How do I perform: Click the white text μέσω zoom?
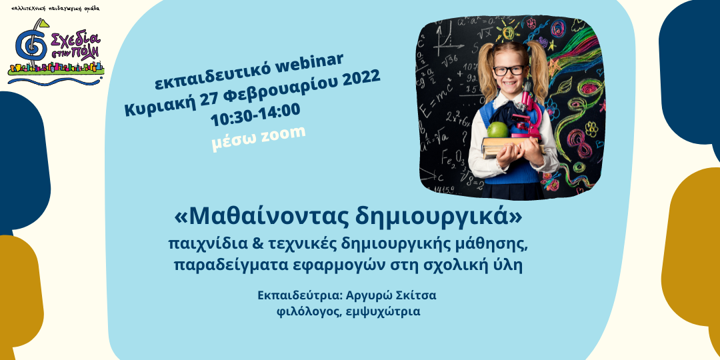[x=259, y=137]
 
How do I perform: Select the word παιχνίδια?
[x=197, y=245]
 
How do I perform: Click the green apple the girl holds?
[x=497, y=130]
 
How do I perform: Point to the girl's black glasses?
[x=509, y=70]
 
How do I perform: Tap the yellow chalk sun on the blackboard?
[x=508, y=32]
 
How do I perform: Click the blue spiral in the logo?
[x=31, y=45]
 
